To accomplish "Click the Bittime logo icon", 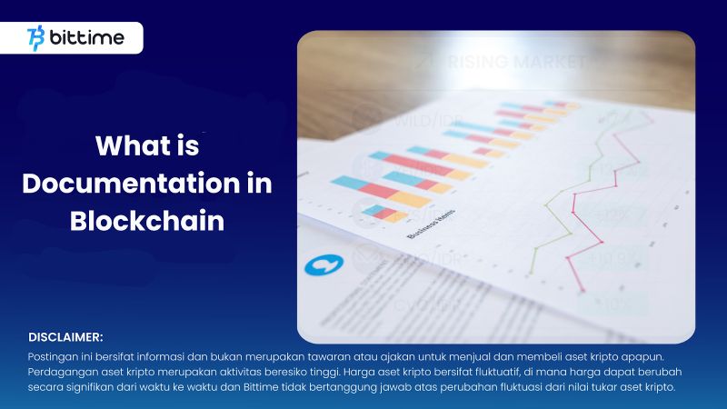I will tap(37, 38).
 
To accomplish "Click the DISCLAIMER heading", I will tap(65, 337).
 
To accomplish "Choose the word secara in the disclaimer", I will tap(45, 388).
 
